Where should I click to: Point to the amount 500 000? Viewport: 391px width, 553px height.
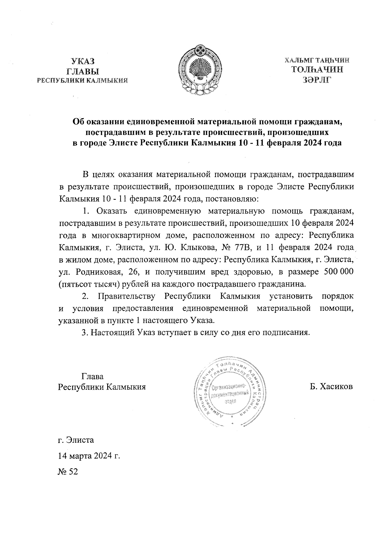(x=339, y=272)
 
